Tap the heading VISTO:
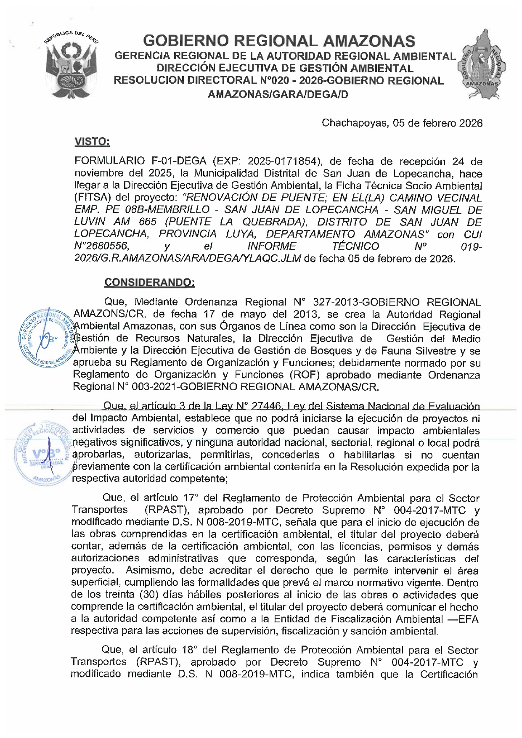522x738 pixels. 92,142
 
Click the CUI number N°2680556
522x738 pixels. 101,246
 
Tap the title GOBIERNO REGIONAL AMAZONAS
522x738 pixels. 279,41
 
